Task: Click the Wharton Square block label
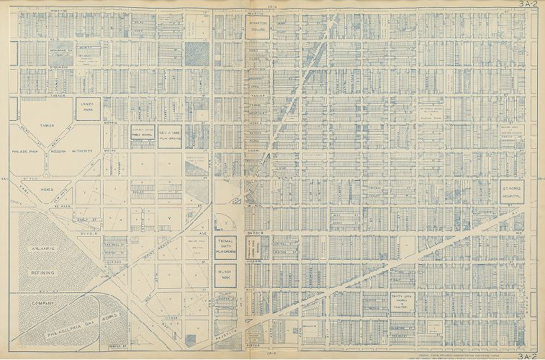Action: coord(258,27)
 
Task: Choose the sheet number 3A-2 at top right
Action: coord(529,4)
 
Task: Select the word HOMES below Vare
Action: coord(48,190)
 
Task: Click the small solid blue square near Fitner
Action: coord(189,336)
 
